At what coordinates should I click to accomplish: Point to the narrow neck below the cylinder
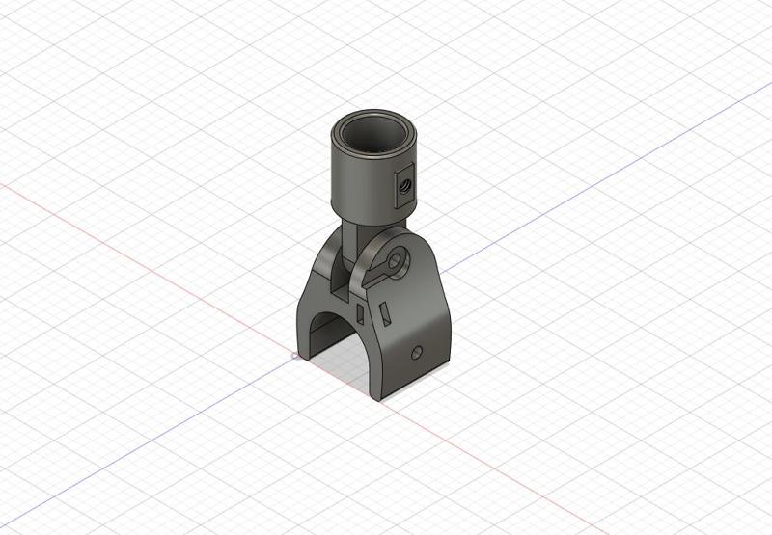coord(353,231)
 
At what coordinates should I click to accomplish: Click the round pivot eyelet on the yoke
coord(395,260)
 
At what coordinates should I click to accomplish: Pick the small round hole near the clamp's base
coord(416,353)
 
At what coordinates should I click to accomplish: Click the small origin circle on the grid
coord(294,356)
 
